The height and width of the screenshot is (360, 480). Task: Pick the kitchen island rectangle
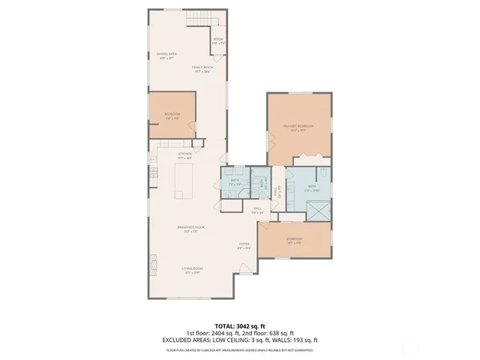pos(184,181)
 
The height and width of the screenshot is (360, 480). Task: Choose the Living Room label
pos(192,270)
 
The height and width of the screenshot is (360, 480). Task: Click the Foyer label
pos(244,245)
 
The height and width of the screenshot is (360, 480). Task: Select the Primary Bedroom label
pos(298,127)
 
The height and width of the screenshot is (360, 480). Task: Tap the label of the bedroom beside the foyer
pos(293,241)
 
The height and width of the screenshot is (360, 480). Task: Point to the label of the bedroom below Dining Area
pos(172,115)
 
